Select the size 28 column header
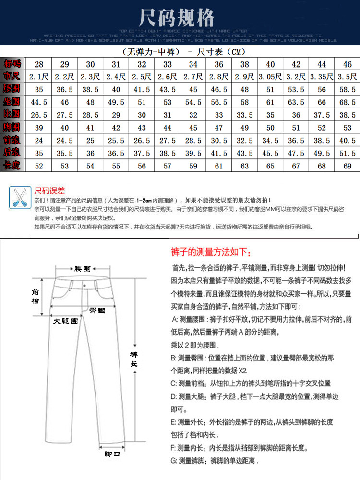point(39,64)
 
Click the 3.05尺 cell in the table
point(270,76)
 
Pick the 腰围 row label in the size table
point(12,89)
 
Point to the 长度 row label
point(12,165)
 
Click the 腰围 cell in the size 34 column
point(193,89)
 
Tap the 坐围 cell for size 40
point(270,102)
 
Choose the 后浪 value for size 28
point(39,153)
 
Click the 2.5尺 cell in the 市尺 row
point(142,76)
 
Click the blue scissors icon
point(20,197)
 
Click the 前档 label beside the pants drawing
point(36,296)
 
